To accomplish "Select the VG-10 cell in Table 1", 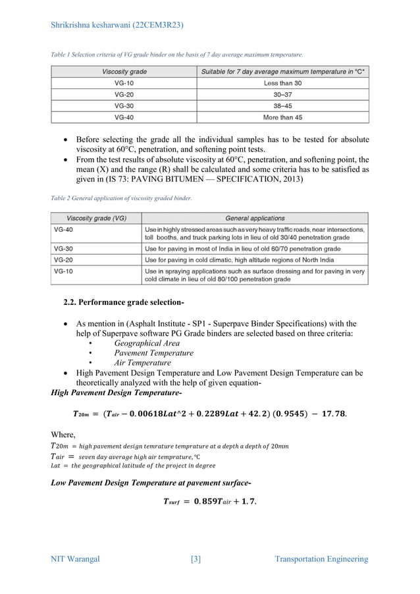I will click(124, 83).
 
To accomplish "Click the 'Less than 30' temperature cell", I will click(282, 83).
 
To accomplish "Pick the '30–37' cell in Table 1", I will click(282, 94).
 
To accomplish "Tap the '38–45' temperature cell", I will click(282, 105).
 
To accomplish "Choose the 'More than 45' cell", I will click(282, 117).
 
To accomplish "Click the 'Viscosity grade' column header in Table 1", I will click(124, 71).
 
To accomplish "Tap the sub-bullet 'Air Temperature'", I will click(142, 363).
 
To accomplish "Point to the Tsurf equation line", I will click(209, 502).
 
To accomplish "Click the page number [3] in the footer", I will click(196, 560).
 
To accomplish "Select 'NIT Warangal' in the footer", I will click(76, 560).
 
